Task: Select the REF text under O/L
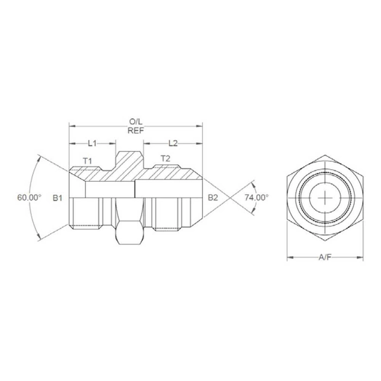(135, 130)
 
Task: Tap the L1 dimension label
(92, 143)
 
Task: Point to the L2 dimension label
(173, 143)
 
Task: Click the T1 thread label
(87, 160)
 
